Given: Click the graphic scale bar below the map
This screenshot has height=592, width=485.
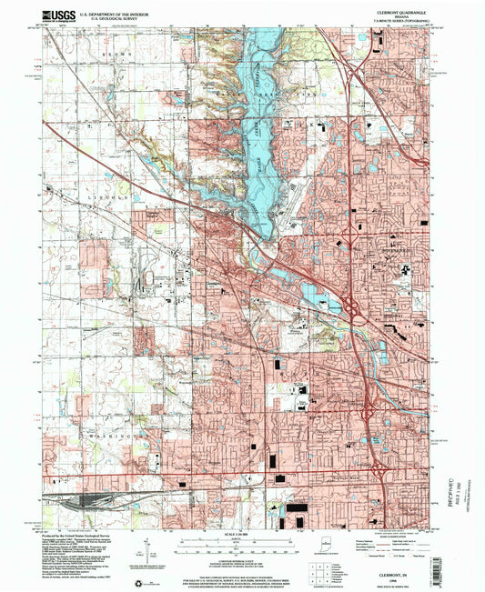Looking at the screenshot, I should pos(242,544).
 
